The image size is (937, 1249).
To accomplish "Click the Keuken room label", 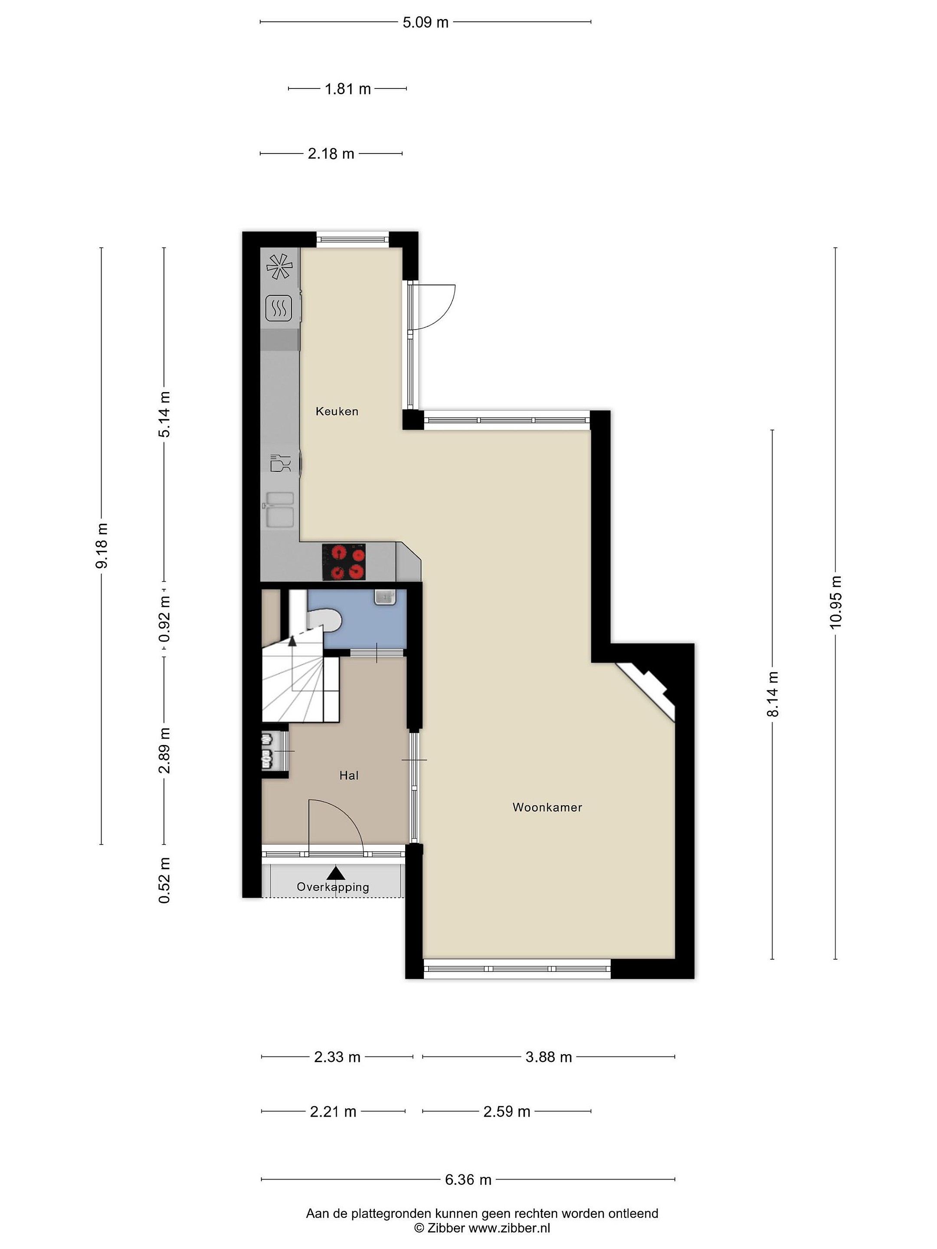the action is (337, 411).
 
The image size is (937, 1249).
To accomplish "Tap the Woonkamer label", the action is (547, 808).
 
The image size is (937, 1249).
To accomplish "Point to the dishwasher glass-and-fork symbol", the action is (281, 463).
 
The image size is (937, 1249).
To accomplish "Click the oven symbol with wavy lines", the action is (278, 309).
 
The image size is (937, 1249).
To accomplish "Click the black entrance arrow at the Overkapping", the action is (337, 873).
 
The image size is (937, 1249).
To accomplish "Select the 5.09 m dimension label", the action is (425, 22).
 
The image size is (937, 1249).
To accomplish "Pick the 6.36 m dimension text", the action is (468, 1179).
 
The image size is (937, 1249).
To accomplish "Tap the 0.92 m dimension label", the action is (164, 619).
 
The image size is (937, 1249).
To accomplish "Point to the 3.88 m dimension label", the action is (548, 1056).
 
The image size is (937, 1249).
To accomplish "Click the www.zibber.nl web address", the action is (509, 1228).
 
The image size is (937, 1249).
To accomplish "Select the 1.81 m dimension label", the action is (348, 88).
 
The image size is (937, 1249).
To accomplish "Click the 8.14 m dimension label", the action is (773, 694).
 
